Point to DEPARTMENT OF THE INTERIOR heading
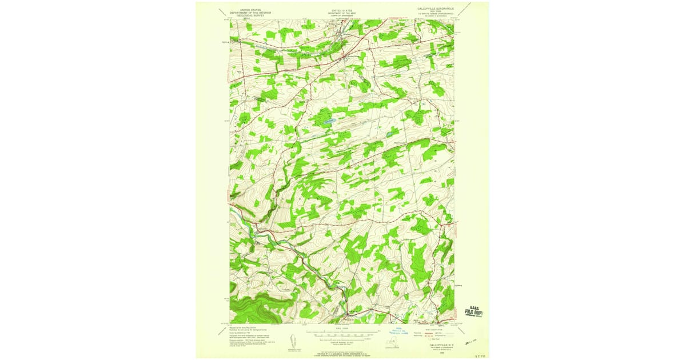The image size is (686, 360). point(250,13)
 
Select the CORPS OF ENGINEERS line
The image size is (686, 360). point(342,15)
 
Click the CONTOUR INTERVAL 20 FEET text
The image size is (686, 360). point(342,343)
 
